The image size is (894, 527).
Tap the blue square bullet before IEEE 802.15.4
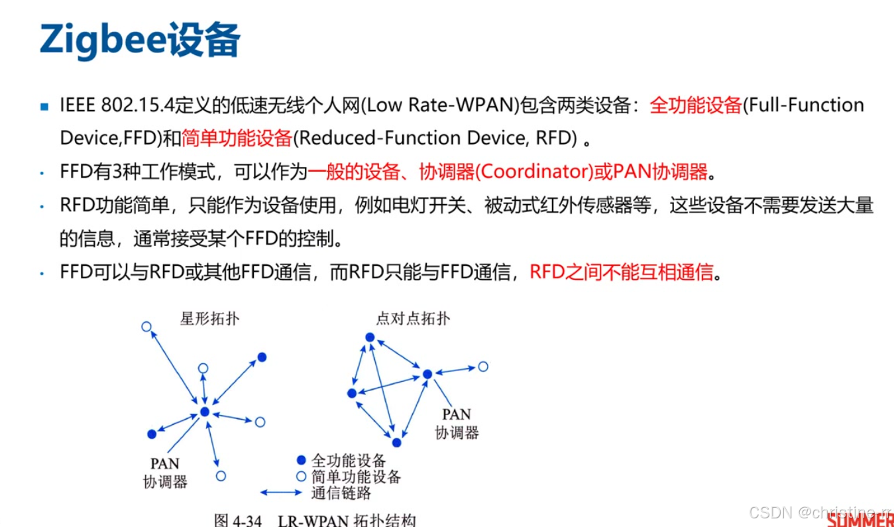coord(44,106)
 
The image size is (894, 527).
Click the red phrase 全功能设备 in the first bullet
coord(695,105)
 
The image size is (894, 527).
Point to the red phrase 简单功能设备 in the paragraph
coord(237,138)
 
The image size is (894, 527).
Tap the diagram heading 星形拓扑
coord(209,319)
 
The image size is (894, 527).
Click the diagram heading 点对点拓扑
coord(413,319)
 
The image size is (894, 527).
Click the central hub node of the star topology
coord(205,412)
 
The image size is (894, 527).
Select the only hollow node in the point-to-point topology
coord(484,367)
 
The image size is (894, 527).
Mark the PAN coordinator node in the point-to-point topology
coord(427,375)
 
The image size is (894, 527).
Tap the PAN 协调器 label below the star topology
coord(165,473)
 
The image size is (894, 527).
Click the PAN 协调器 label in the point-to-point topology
coord(457,424)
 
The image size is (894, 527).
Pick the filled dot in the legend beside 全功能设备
coord(302,460)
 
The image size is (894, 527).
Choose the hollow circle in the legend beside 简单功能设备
coord(302,477)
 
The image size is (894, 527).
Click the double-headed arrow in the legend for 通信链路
coord(281,493)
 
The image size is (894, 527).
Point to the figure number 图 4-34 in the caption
coord(238,520)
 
